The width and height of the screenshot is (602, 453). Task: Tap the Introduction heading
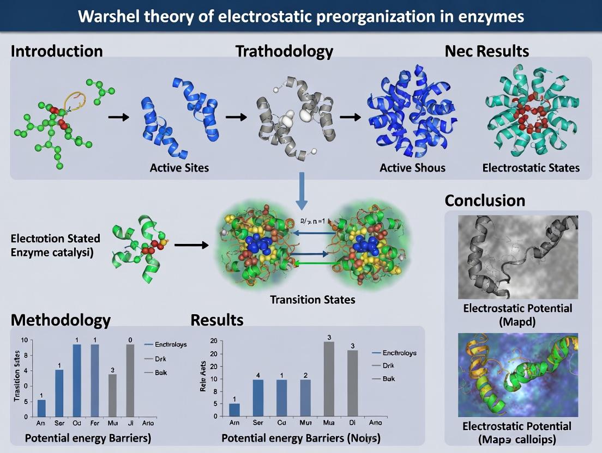(57, 51)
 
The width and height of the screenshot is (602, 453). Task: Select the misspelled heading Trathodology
(284, 51)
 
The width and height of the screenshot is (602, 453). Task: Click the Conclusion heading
(485, 200)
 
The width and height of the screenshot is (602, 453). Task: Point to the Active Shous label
(412, 167)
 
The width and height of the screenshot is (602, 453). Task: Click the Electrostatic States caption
(531, 167)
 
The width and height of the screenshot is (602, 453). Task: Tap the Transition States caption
(312, 299)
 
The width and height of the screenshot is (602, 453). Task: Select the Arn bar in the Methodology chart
(41, 407)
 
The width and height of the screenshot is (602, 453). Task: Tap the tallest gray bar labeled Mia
(329, 378)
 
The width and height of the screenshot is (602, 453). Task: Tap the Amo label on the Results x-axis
(376, 423)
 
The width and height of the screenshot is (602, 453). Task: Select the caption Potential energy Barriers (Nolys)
(301, 438)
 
